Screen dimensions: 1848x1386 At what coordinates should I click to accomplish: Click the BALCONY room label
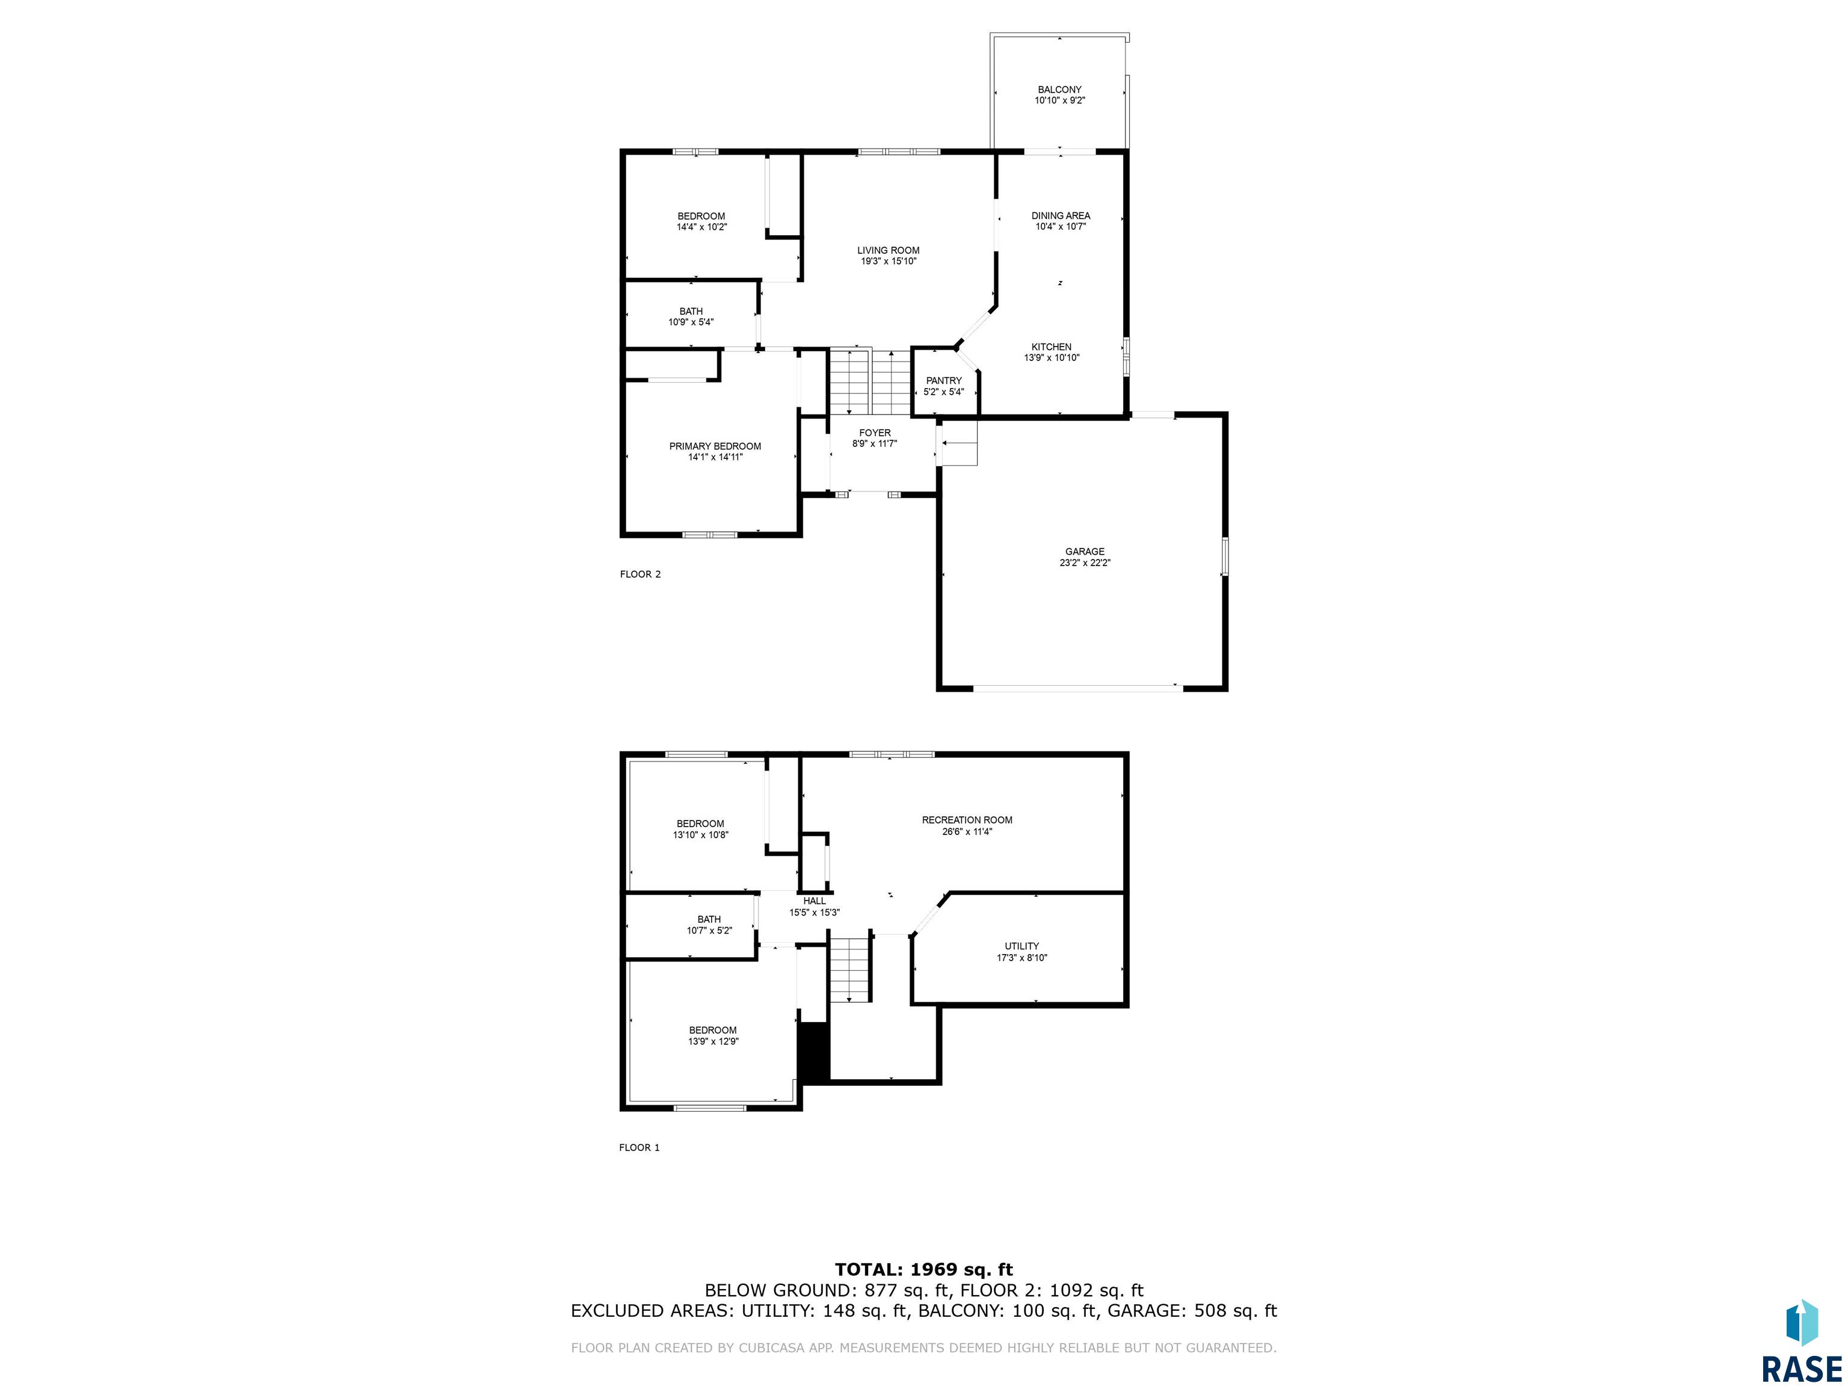click(x=1059, y=90)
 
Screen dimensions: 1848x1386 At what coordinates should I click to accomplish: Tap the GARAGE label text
click(x=1085, y=552)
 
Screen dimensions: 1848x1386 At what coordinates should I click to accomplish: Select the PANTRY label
click(x=944, y=381)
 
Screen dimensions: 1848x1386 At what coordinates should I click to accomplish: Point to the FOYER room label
click(x=875, y=433)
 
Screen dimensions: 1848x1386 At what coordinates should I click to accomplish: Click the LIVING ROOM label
click(x=888, y=250)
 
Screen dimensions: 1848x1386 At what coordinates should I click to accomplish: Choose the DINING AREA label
click(x=1060, y=215)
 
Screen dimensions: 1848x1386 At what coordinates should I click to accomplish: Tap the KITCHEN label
click(x=1051, y=346)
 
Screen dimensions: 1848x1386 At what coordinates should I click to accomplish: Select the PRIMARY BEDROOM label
click(x=715, y=446)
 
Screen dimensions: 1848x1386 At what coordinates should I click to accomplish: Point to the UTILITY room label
click(x=1021, y=946)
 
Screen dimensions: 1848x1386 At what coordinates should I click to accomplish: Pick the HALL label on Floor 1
click(x=815, y=901)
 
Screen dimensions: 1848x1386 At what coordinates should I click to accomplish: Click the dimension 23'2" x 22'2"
click(x=1085, y=563)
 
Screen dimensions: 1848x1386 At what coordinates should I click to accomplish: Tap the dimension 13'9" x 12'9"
click(x=713, y=1042)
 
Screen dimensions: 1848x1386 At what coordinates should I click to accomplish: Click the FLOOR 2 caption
click(x=640, y=574)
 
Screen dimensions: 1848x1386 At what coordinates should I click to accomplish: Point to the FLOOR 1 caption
click(x=639, y=1147)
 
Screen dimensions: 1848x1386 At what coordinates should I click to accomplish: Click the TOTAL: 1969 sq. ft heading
click(x=924, y=1270)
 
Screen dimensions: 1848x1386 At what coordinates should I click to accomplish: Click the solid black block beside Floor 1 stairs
click(x=814, y=1053)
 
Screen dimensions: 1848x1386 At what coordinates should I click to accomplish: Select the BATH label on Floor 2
click(x=691, y=312)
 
